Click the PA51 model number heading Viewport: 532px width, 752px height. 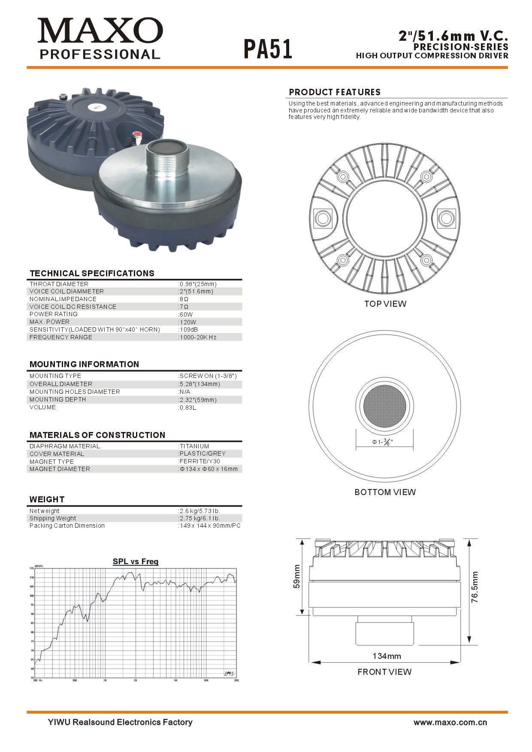coord(268,49)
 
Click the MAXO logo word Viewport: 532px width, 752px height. coord(100,30)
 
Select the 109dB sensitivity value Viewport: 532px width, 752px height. coord(189,329)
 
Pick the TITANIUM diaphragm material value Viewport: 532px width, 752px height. coord(194,446)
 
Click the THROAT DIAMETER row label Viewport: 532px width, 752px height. coord(59,284)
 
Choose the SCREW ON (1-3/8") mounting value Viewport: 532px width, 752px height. coord(208,376)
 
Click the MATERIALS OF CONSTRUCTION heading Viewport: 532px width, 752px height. coord(97,435)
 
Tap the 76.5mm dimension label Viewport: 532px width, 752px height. coord(474,587)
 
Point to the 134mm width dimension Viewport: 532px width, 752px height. coord(387,656)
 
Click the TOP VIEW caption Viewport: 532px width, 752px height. coord(385,304)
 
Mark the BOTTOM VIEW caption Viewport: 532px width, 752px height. coord(385,492)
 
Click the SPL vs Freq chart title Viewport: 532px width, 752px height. coord(136,562)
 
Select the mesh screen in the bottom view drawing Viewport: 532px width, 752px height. coord(384,406)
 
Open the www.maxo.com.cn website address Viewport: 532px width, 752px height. coord(450,722)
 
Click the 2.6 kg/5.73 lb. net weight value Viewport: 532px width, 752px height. coord(200,511)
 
